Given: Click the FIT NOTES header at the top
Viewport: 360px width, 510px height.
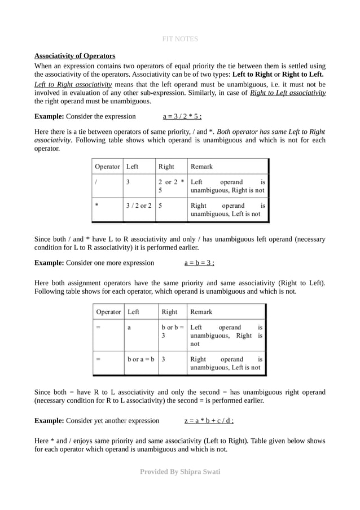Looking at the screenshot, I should point(180,39).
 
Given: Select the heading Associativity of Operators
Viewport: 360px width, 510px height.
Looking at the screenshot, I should point(74,56).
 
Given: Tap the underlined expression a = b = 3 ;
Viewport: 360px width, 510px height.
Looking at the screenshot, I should point(199,263).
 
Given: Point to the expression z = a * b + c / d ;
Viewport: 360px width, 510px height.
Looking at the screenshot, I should point(209,420).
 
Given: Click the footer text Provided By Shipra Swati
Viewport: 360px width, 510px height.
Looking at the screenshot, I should point(180,471).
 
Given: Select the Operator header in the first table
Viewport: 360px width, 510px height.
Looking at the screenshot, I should point(107,167).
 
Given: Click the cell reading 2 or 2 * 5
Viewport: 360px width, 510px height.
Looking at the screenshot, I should point(171,186).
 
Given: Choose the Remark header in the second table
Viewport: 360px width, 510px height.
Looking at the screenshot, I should point(202,311).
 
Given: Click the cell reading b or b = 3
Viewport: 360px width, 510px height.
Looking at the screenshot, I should point(172,331).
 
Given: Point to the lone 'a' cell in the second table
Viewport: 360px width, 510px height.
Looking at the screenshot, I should point(129,327).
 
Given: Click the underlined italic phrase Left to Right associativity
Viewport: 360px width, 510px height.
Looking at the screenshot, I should point(73,84).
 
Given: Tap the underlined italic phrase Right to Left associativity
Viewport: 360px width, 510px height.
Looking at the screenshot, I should point(287,93).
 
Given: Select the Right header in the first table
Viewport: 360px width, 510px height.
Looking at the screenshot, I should point(166,167).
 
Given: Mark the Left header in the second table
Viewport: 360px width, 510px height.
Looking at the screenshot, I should point(134,311).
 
